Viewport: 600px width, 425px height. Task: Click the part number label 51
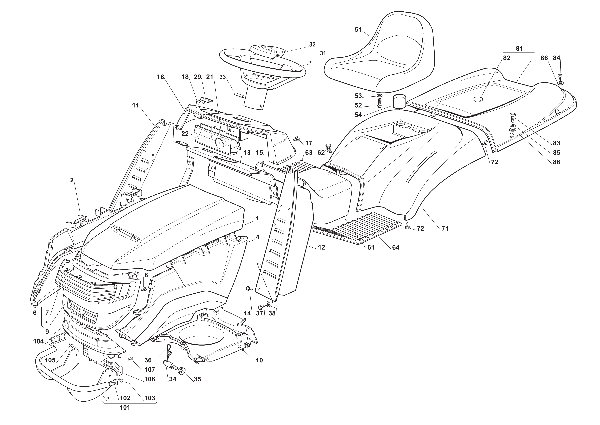pyautogui.click(x=358, y=30)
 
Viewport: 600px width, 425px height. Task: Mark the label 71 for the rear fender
pyautogui.click(x=445, y=229)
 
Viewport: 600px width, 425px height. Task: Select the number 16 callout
pyautogui.click(x=160, y=77)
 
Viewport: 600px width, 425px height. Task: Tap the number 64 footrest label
pyautogui.click(x=396, y=247)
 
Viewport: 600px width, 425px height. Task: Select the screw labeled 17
pyautogui.click(x=297, y=139)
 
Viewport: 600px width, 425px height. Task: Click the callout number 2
pyautogui.click(x=72, y=180)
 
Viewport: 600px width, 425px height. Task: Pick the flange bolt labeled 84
pyautogui.click(x=560, y=76)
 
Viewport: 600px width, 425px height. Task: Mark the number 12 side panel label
pyautogui.click(x=321, y=247)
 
